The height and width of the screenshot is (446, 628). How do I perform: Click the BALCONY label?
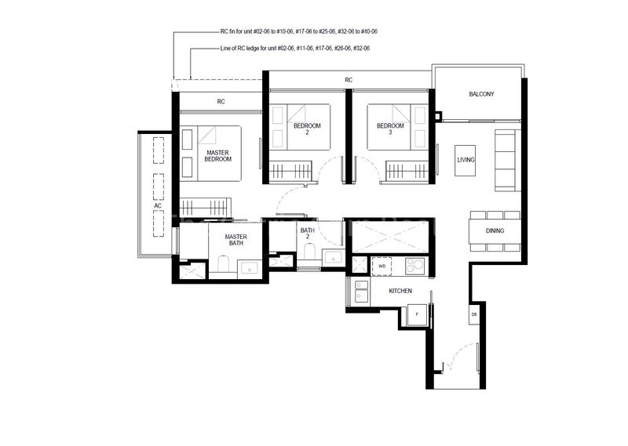pos(481,94)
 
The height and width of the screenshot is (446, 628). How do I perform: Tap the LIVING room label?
pos(466,160)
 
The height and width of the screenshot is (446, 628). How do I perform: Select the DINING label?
pos(495,230)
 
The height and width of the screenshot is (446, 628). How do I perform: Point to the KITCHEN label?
pos(400,291)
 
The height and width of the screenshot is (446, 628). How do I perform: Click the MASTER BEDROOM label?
pos(217,155)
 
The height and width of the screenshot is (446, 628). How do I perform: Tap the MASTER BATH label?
pos(235,241)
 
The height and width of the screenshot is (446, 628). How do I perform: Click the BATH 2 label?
pos(307,234)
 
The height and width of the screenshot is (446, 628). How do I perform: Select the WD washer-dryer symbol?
pos(382,266)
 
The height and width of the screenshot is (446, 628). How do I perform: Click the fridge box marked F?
pos(416,314)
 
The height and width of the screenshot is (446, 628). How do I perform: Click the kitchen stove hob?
pos(414,266)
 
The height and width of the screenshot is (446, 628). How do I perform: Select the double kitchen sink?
pos(363,295)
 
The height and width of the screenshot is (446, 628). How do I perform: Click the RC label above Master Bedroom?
pos(221,100)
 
